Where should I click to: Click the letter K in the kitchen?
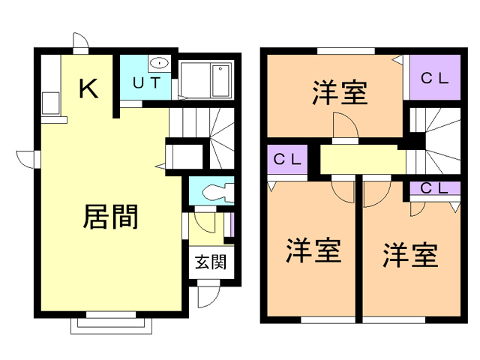(88, 88)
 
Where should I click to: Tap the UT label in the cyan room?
(146, 82)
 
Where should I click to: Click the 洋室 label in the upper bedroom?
(340, 94)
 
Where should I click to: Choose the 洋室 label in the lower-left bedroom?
(313, 250)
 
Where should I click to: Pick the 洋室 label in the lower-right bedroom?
(410, 255)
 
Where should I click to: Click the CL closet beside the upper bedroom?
(433, 77)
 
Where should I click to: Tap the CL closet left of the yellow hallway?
(286, 160)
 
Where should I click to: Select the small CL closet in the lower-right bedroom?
(434, 188)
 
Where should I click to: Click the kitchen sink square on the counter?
(49, 101)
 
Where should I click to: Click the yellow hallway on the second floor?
(363, 160)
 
